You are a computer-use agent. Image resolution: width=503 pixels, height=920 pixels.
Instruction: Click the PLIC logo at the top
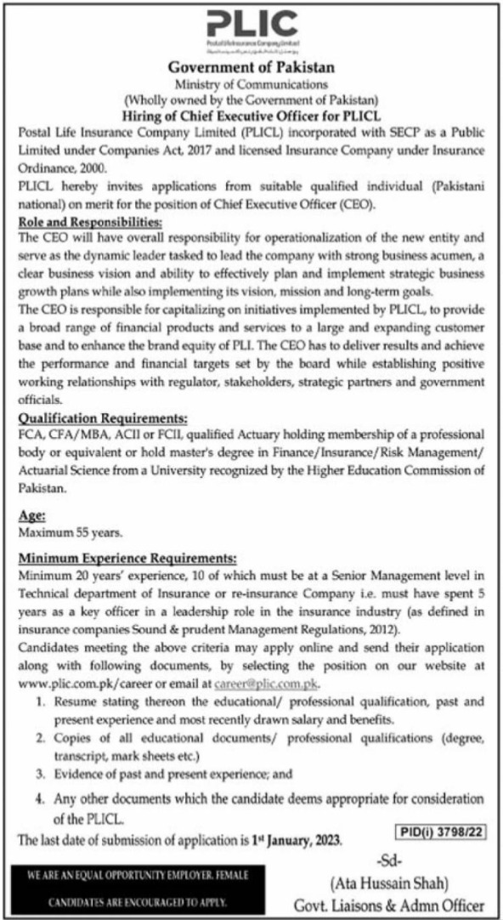[251, 26]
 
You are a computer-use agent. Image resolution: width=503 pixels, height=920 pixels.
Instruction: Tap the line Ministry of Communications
[251, 82]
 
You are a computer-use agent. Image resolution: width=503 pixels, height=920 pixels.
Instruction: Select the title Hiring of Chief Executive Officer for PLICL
[251, 111]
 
